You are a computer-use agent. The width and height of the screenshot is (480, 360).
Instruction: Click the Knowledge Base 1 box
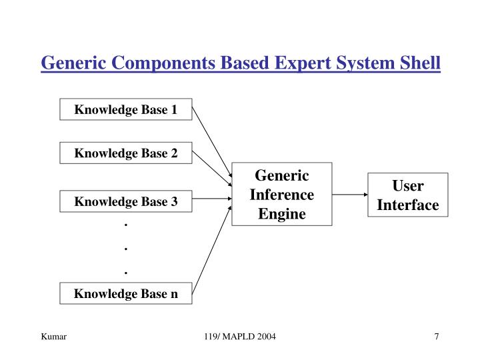126,109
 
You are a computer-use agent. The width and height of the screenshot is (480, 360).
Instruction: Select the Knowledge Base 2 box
126,153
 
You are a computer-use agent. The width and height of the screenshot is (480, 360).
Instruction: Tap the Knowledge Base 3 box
126,201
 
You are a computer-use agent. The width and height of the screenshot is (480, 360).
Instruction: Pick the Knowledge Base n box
126,293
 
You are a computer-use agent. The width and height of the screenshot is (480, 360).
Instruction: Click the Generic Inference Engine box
281,195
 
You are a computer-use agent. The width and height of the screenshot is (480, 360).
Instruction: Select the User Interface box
407,195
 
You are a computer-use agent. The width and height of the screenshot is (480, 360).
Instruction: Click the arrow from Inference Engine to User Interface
349,195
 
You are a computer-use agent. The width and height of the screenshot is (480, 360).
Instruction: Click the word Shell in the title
417,63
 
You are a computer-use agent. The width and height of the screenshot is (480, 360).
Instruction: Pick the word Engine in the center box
281,214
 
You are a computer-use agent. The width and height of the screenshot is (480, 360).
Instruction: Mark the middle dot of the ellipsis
126,248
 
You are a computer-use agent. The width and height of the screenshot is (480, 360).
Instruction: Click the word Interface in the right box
407,205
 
